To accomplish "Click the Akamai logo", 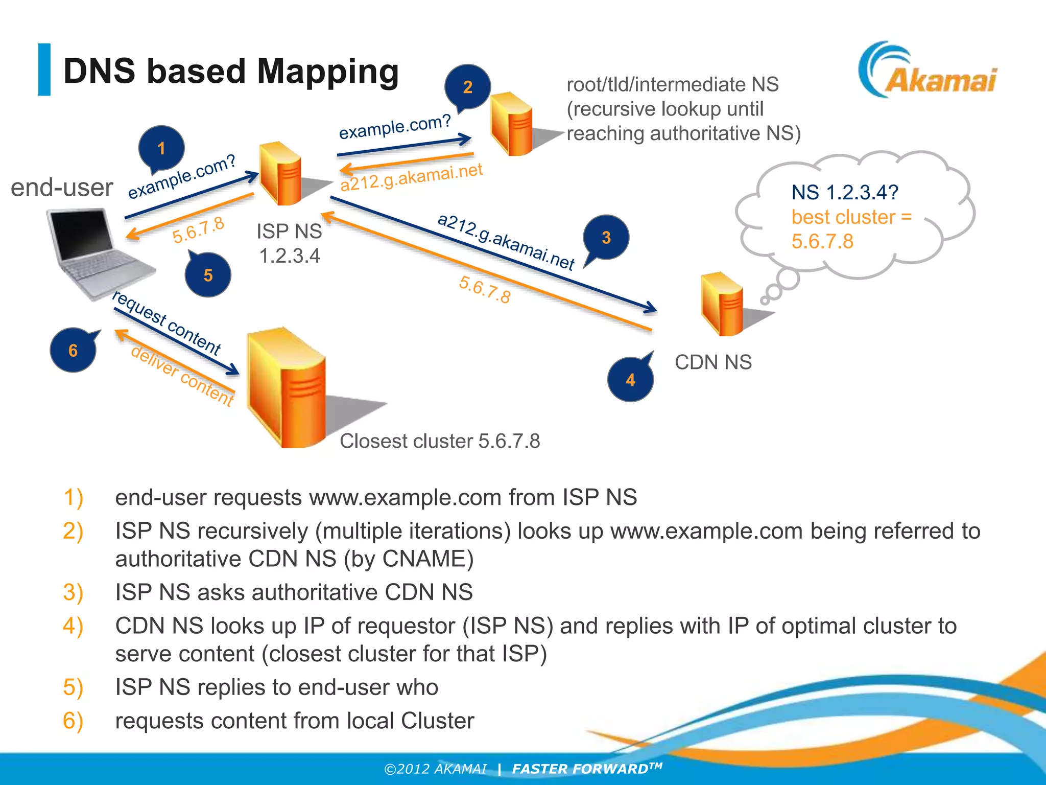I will pyautogui.click(x=927, y=72).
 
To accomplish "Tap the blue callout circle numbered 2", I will pyautogui.click(x=467, y=87).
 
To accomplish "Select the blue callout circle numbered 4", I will pyautogui.click(x=630, y=380).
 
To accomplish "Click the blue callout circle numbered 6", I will pyautogui.click(x=73, y=350).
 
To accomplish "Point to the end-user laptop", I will pyautogui.click(x=94, y=253).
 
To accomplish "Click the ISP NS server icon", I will pyautogui.click(x=281, y=174).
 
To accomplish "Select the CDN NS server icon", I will pyautogui.click(x=722, y=304).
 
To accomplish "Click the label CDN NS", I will pyautogui.click(x=713, y=362).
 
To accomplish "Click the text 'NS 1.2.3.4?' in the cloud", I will pyautogui.click(x=845, y=193).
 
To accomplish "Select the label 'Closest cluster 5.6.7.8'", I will pyautogui.click(x=440, y=441).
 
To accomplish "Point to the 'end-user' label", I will pyautogui.click(x=62, y=187).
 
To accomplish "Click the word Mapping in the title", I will pyautogui.click(x=327, y=71).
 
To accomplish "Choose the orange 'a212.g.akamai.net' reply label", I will pyautogui.click(x=412, y=177).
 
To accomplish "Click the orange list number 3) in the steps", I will pyautogui.click(x=73, y=592).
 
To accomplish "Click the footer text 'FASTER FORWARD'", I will pyautogui.click(x=580, y=769).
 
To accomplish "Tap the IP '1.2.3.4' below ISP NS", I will pyautogui.click(x=290, y=256).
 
